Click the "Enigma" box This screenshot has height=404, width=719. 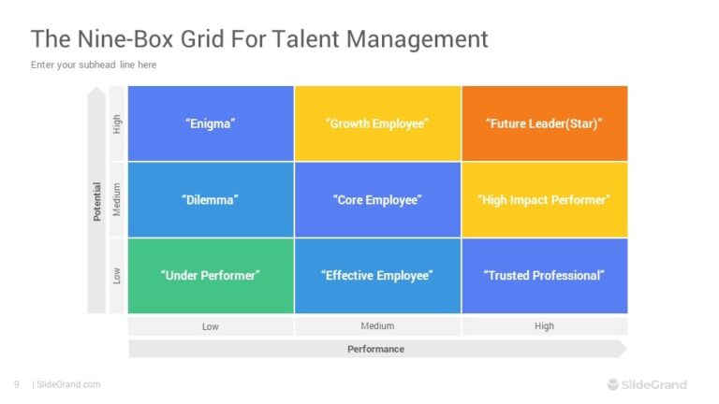coord(211,123)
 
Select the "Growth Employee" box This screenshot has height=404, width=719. coord(377,123)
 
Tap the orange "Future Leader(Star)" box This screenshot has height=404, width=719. coord(544,123)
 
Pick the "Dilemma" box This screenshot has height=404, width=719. coord(211,199)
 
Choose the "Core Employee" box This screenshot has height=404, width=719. coord(377,199)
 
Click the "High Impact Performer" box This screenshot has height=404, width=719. coord(544,199)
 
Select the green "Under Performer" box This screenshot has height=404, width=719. coord(211,275)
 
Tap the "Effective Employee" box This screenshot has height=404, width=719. coord(377,275)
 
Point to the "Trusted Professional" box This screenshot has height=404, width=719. coord(544,275)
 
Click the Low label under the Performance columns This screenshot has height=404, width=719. coord(211,326)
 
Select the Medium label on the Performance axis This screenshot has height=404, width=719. coord(377,326)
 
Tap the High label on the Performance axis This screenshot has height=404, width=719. coord(544,326)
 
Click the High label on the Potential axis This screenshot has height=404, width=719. coord(117,123)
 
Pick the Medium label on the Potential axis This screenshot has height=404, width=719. coord(117,199)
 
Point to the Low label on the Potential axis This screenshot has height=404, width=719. coord(117,275)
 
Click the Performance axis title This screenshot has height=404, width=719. coord(376,349)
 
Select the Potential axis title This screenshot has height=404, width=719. coord(96,201)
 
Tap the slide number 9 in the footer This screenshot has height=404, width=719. coord(17,384)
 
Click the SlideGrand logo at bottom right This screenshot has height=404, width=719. coord(647,384)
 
